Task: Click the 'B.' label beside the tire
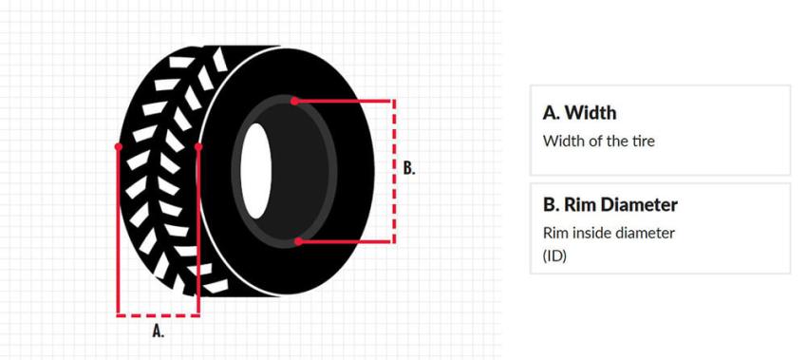409,169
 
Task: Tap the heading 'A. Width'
579,112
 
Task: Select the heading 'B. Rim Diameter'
610,204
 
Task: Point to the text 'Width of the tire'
598,142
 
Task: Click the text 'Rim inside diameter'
609,233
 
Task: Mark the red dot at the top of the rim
295,100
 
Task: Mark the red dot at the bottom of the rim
298,241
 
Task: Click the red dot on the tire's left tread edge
118,147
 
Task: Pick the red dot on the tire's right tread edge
198,147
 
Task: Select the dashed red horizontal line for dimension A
158,313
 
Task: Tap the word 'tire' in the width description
643,142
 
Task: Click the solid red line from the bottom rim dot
346,241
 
